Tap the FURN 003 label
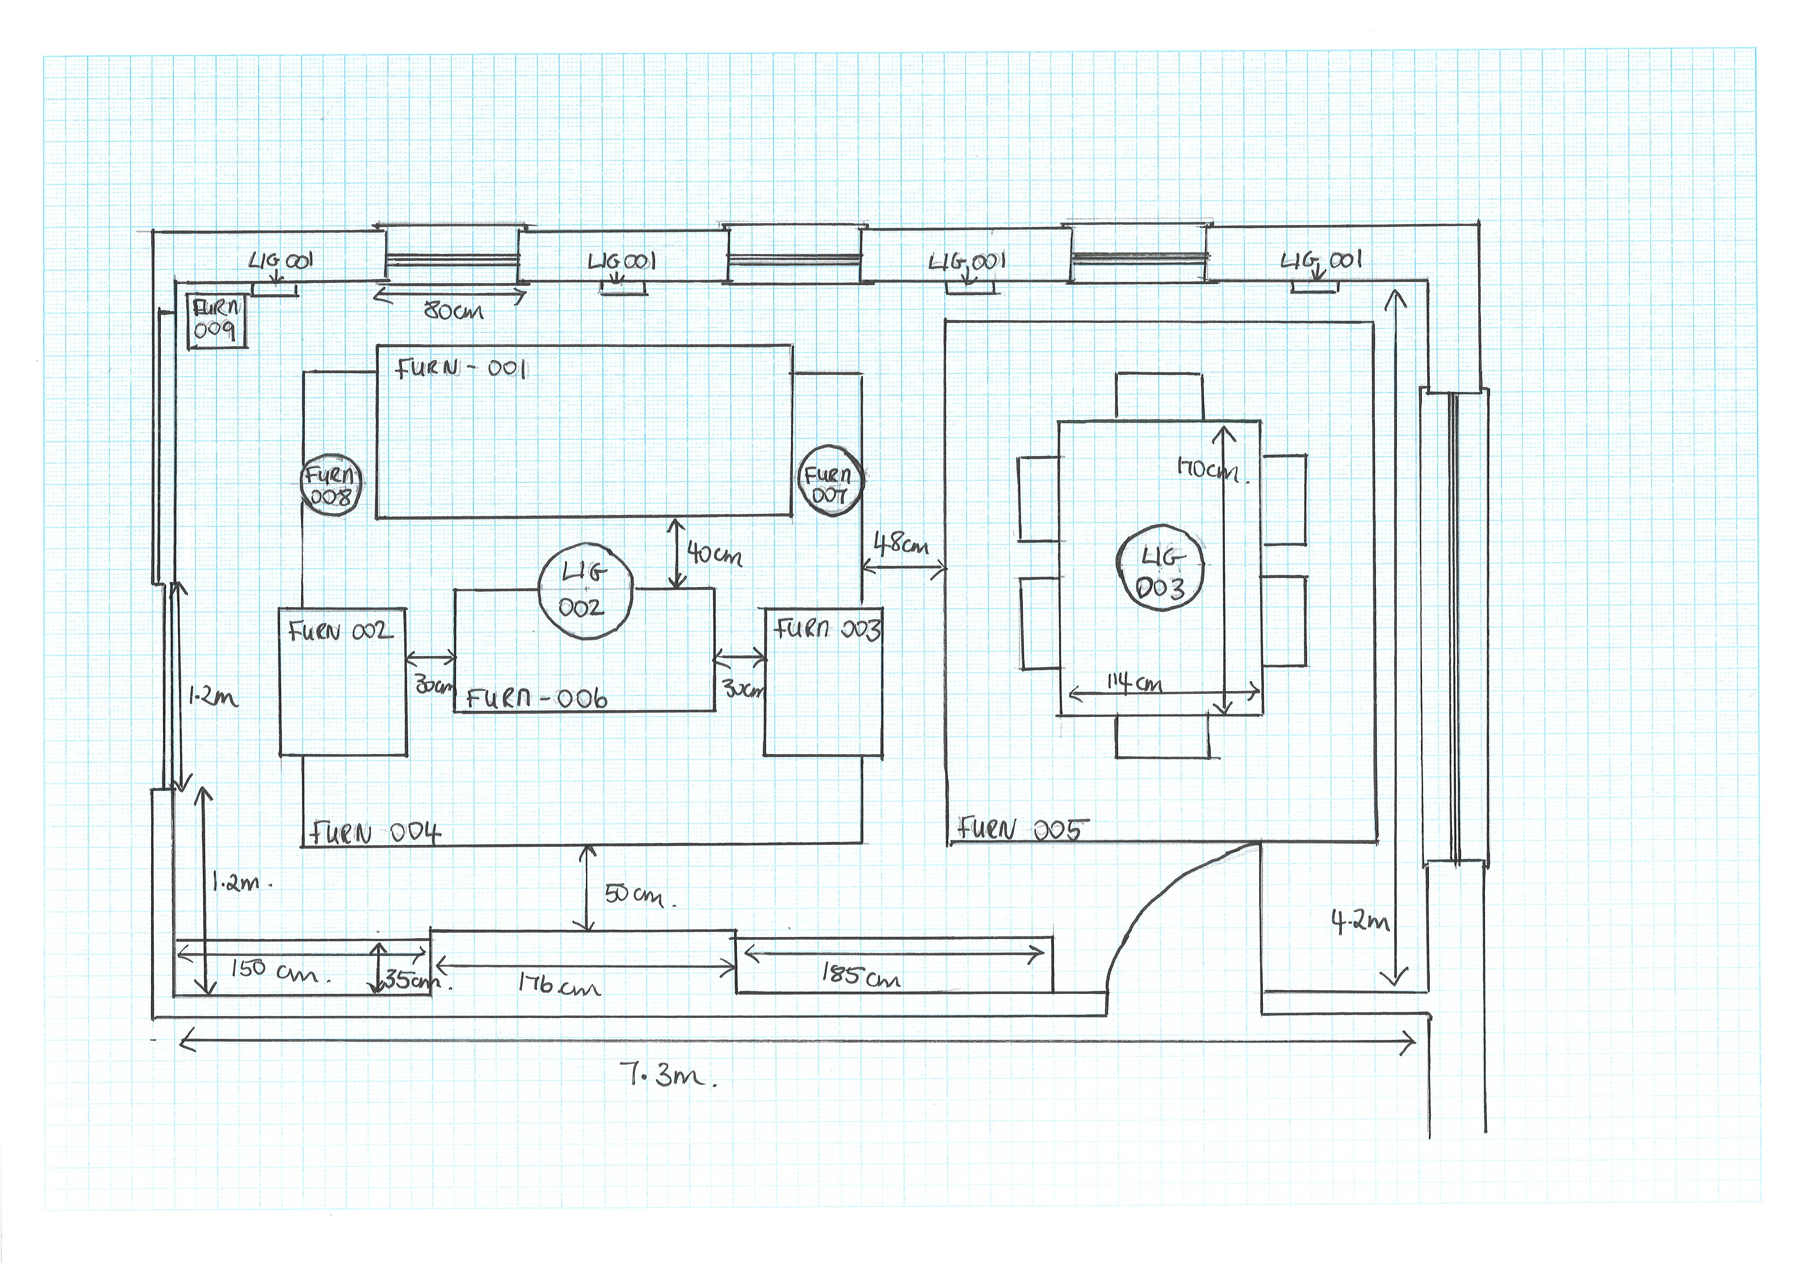point(827,629)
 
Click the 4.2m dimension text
point(1360,923)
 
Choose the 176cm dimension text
point(559,985)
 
